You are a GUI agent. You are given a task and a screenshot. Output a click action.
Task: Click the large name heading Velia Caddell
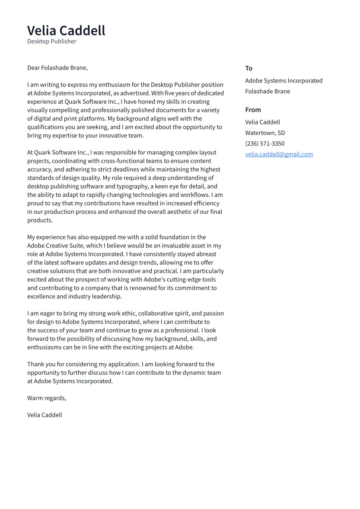click(66, 31)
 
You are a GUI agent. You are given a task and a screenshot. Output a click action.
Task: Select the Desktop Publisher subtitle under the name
click(51, 41)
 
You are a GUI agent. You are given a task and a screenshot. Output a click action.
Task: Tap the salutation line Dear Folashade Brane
click(57, 68)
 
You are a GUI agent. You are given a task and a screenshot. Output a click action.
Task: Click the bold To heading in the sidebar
click(248, 68)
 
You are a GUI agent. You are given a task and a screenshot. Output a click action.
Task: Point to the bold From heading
click(253, 110)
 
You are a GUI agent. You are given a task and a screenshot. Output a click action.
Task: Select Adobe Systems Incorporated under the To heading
click(284, 81)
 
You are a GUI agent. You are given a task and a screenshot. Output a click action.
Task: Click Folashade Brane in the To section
click(268, 91)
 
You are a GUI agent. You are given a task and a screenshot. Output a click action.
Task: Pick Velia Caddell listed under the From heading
click(262, 122)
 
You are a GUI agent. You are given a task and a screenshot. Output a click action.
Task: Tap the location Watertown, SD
click(264, 133)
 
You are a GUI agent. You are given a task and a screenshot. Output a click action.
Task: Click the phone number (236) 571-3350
click(264, 143)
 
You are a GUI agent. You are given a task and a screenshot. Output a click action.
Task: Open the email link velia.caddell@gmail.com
click(279, 154)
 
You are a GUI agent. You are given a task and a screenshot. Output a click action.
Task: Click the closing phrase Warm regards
click(46, 398)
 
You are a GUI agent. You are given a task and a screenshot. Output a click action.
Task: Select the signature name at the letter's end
click(45, 415)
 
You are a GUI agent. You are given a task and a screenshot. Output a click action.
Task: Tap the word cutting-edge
click(186, 280)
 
